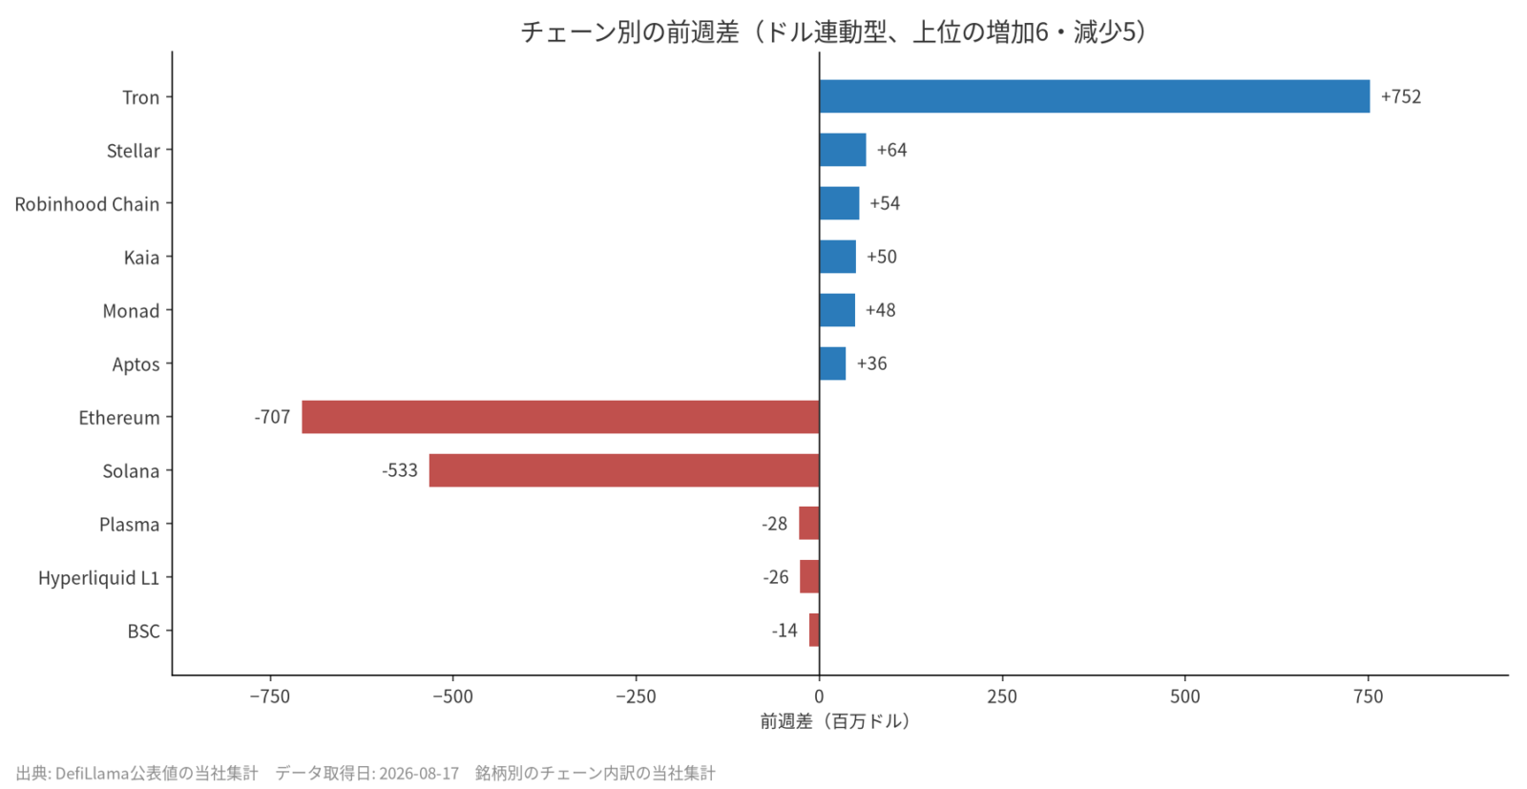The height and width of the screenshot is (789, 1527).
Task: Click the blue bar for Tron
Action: [x=1094, y=96]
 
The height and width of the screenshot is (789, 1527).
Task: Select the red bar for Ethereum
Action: [x=560, y=417]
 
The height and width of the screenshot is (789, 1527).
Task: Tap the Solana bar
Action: [x=624, y=470]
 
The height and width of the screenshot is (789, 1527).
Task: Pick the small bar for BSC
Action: [x=814, y=631]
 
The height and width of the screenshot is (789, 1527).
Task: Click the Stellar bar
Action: [x=843, y=150]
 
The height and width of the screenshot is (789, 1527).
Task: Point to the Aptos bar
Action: [x=832, y=363]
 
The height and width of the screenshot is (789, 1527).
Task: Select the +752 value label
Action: [x=1401, y=96]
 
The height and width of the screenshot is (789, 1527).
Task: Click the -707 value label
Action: [x=272, y=417]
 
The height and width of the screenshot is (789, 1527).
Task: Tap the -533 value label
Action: [x=400, y=470]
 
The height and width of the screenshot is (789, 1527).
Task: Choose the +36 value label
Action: [x=872, y=363]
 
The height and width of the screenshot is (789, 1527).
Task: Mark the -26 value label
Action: [x=776, y=577]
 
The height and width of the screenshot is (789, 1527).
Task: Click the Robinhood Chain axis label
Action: [x=87, y=204]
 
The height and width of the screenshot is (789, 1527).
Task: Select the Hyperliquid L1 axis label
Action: [x=99, y=578]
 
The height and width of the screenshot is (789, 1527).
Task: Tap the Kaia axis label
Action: [x=142, y=258]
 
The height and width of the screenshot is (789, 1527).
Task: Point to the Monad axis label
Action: [x=131, y=311]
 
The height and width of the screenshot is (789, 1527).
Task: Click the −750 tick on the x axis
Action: [x=270, y=696]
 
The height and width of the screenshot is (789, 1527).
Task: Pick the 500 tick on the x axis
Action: [x=1184, y=696]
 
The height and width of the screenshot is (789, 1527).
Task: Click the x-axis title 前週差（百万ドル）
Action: [x=835, y=721]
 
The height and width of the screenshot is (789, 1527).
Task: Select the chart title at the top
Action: [x=835, y=32]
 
